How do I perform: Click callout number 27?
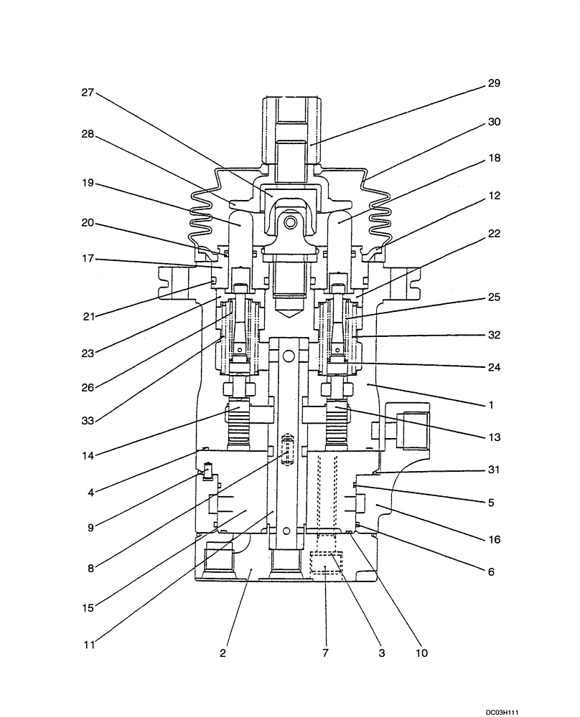pos(88,92)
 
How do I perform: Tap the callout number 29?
pos(493,83)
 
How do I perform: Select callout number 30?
pos(493,122)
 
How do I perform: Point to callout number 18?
pos(493,158)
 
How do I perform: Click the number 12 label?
pos(493,195)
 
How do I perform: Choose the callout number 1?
pos(491,404)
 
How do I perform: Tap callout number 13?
pos(493,437)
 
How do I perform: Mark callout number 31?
pos(493,470)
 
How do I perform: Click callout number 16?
pos(493,539)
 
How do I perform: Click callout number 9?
pos(88,529)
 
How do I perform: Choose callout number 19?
pos(88,183)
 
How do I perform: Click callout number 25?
pos(493,296)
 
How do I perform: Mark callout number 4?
pos(88,493)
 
